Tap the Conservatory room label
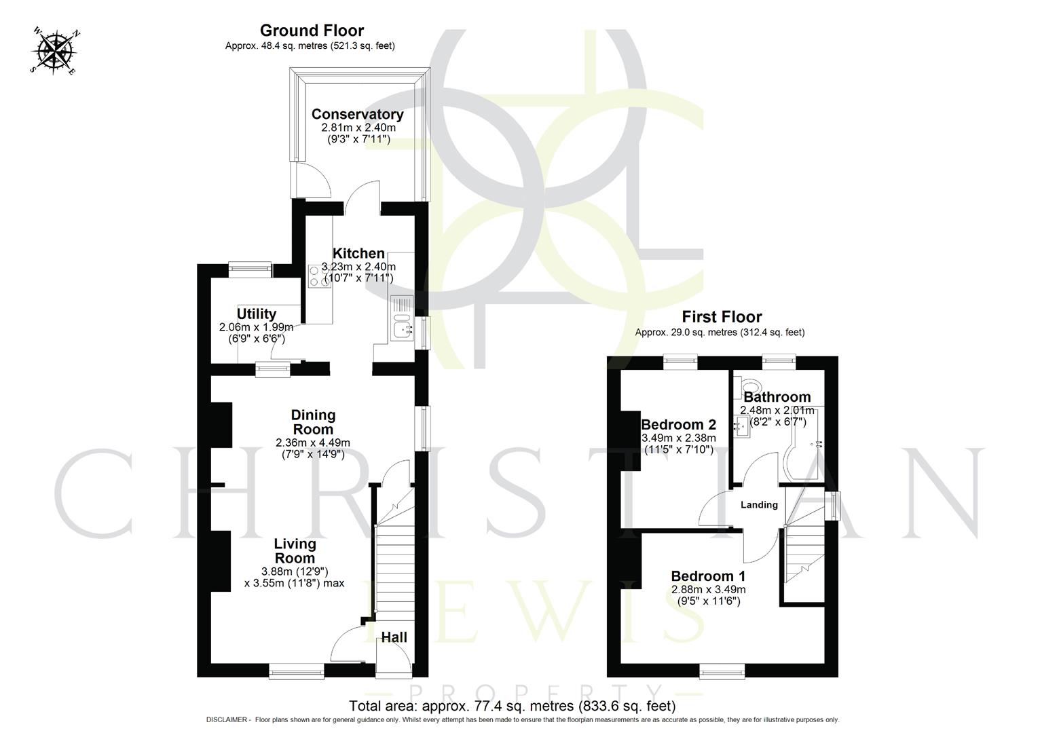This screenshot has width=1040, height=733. pyautogui.click(x=357, y=114)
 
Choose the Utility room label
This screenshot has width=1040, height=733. pyautogui.click(x=256, y=314)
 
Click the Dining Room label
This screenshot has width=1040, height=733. pyautogui.click(x=313, y=422)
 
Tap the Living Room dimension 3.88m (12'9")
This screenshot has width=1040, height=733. pyautogui.click(x=295, y=571)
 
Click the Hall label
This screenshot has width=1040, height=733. pyautogui.click(x=394, y=637)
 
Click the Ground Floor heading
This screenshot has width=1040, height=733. pyautogui.click(x=312, y=31)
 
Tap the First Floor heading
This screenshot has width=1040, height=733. pyautogui.click(x=722, y=317)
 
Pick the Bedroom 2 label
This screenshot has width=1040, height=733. pyautogui.click(x=679, y=424)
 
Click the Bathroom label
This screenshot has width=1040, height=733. pyautogui.click(x=777, y=397)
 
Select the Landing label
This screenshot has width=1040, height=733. pyautogui.click(x=758, y=505)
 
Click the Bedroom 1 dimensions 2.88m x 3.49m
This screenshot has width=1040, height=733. pyautogui.click(x=708, y=589)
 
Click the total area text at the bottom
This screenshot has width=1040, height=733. pyautogui.click(x=512, y=706)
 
